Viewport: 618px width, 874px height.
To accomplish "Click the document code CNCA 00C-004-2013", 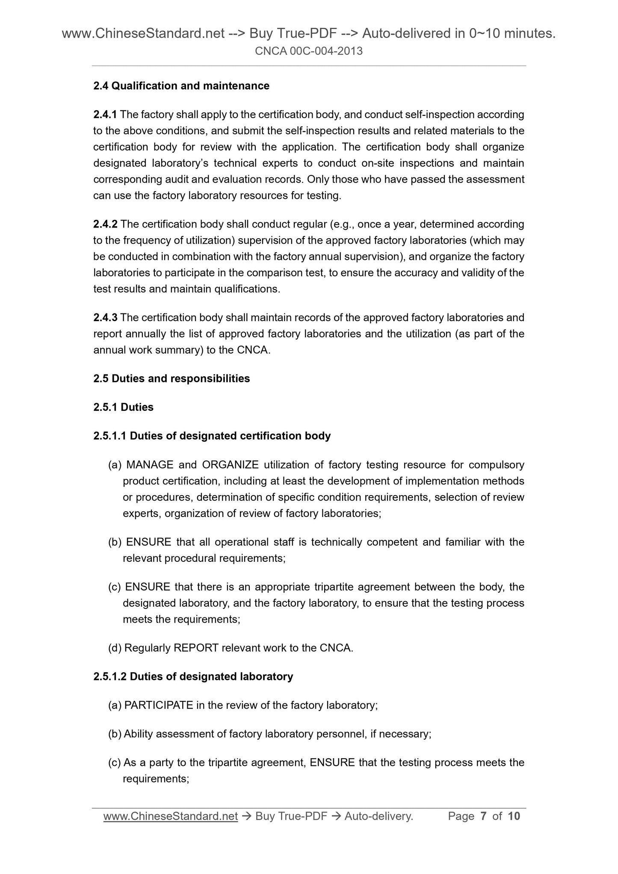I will [308, 51].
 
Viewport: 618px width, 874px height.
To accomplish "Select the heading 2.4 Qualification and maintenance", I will [181, 86].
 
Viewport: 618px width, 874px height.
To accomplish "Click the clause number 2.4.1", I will [105, 115].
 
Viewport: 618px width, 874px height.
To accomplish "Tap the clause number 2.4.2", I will [105, 224].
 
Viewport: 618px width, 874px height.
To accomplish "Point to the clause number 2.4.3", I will [105, 318].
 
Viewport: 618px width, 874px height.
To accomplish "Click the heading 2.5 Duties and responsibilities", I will [172, 378].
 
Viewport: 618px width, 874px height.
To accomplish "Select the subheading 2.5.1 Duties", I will [123, 407].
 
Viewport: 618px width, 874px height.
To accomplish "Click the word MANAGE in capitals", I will [150, 465].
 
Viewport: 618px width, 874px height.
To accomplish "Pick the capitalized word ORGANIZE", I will [230, 465].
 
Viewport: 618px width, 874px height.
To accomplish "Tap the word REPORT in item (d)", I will [196, 648].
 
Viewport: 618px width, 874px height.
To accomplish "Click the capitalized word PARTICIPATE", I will [159, 705].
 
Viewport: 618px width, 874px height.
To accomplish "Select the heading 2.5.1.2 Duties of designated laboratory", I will [193, 676].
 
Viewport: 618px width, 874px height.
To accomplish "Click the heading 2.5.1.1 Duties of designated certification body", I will [212, 436].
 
